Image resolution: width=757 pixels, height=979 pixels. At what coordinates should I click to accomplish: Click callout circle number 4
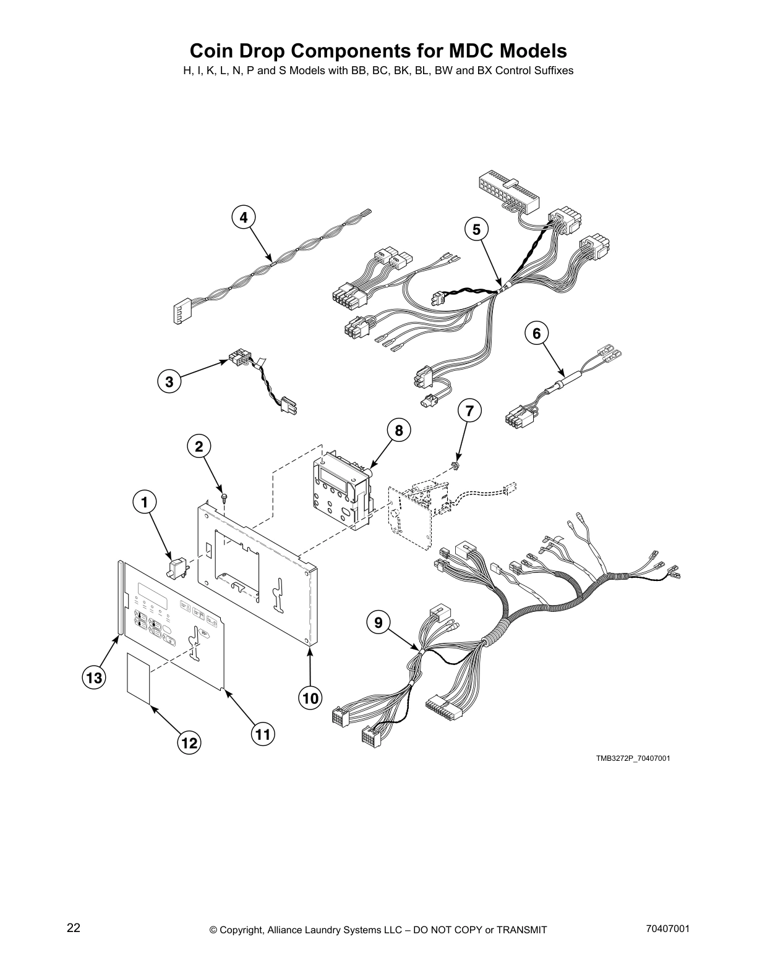pyautogui.click(x=244, y=218)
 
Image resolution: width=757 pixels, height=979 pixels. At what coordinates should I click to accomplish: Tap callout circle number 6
pyautogui.click(x=536, y=334)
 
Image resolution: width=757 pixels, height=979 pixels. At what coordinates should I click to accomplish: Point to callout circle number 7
pyautogui.click(x=469, y=410)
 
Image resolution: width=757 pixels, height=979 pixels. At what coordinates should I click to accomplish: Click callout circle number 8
pyautogui.click(x=399, y=430)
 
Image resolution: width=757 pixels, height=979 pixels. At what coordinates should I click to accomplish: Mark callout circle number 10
pyautogui.click(x=310, y=698)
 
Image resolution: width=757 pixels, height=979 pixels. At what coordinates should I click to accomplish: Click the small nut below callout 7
pyautogui.click(x=456, y=465)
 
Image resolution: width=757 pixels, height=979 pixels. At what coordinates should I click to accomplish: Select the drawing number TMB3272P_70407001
pyautogui.click(x=633, y=758)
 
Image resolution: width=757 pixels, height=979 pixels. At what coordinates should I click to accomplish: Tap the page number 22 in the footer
pyautogui.click(x=74, y=928)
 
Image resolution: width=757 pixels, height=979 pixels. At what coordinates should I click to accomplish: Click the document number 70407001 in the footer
pyautogui.click(x=666, y=929)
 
